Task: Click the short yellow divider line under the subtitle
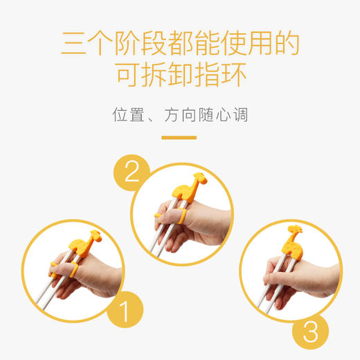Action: (179, 137)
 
